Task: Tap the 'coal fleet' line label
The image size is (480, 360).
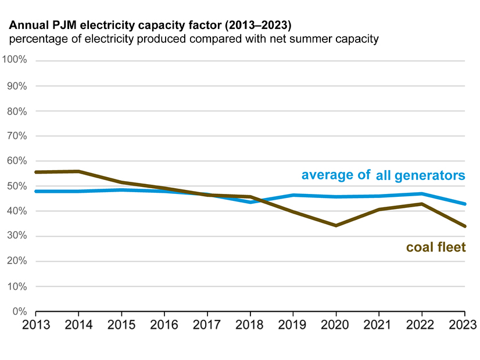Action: pyautogui.click(x=436, y=248)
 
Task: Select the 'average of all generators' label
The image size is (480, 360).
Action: pyautogui.click(x=383, y=175)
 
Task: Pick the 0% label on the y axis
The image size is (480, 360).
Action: pyautogui.click(x=21, y=312)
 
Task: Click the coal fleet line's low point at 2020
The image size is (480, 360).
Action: pyautogui.click(x=336, y=225)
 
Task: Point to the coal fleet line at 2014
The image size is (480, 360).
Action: pyautogui.click(x=78, y=171)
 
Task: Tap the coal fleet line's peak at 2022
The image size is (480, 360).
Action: pyautogui.click(x=422, y=204)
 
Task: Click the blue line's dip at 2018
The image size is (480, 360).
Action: pyautogui.click(x=250, y=202)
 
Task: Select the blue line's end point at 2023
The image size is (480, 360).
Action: pyautogui.click(x=464, y=204)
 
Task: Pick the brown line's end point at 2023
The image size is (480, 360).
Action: pyautogui.click(x=464, y=226)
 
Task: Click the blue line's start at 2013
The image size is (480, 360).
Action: pyautogui.click(x=36, y=191)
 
